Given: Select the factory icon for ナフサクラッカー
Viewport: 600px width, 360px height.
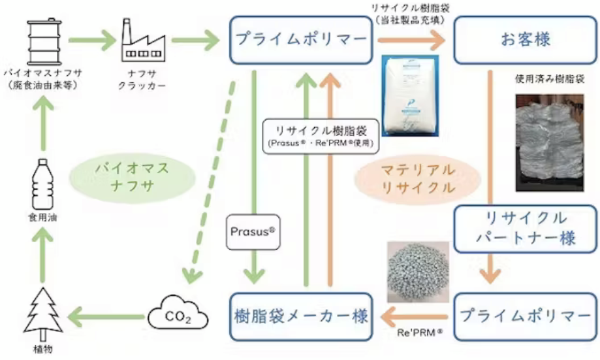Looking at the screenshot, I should [x=140, y=41].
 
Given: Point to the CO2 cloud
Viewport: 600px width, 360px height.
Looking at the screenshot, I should [x=178, y=316].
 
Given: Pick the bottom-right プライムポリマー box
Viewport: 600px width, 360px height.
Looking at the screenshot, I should [x=526, y=316].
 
